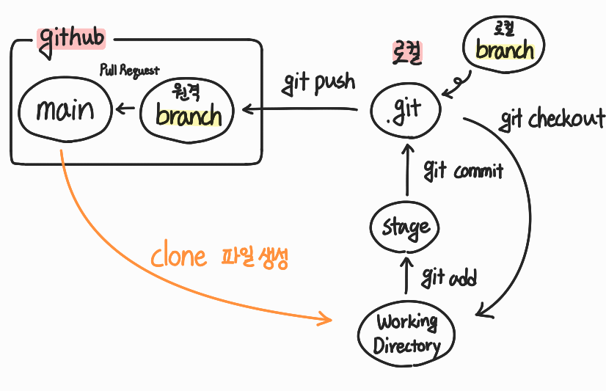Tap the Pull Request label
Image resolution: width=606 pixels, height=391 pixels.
coord(129,70)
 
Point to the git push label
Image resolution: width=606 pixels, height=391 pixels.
coord(318,83)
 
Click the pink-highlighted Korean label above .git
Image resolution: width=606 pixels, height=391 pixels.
coord(407,53)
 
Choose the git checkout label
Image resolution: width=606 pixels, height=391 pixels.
coord(552,119)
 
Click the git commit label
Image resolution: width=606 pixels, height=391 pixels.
coord(464,170)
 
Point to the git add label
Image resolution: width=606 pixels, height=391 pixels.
coord(449,277)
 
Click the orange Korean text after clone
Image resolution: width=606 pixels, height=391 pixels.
coord(255,257)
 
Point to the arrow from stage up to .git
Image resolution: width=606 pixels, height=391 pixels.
coord(407,170)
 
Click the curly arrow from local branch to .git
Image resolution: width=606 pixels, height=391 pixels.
coord(459,84)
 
